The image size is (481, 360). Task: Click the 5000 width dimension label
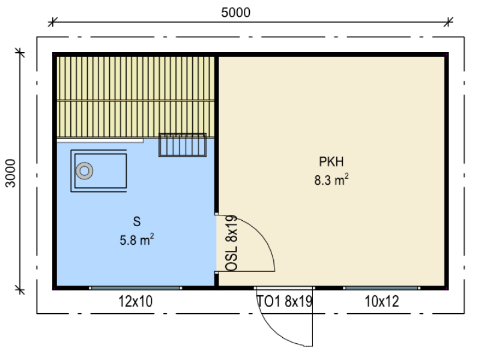235,13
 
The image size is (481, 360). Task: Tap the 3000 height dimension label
11,173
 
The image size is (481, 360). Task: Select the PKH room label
331,161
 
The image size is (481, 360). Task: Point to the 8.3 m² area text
331,179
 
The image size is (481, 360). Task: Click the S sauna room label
137,221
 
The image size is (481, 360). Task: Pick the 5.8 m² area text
137,239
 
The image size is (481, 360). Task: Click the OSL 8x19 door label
232,243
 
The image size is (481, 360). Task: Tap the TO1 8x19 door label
285,301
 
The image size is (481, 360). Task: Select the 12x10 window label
135,301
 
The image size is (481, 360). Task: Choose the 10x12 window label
382,301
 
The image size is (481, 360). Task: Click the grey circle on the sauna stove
84,170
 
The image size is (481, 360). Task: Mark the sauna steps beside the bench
183,145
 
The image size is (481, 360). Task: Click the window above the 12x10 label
136,288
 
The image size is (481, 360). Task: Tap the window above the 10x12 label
381,288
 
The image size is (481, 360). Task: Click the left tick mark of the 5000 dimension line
52,22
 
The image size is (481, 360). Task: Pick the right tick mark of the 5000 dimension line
449,22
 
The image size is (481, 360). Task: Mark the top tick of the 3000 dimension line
20,53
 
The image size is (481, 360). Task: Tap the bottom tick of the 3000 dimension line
20,289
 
